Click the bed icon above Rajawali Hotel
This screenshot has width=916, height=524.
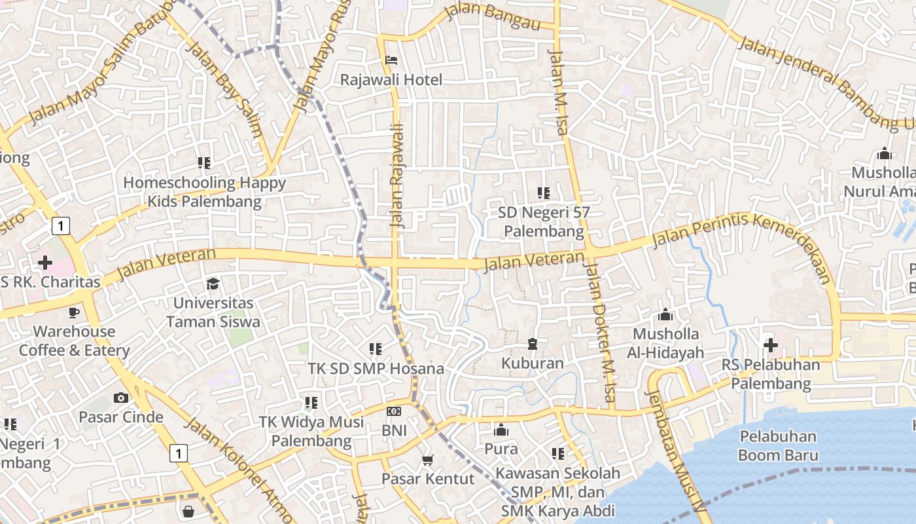pyautogui.click(x=391, y=60)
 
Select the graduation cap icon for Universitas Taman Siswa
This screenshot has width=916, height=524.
pyautogui.click(x=213, y=284)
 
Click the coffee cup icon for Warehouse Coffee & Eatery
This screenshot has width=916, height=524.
pyautogui.click(x=74, y=312)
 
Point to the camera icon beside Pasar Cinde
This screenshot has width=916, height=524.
pyautogui.click(x=120, y=398)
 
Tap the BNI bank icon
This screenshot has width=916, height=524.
pyautogui.click(x=394, y=411)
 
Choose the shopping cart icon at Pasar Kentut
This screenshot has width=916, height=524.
pyautogui.click(x=427, y=460)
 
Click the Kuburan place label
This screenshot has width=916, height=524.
pyautogui.click(x=532, y=363)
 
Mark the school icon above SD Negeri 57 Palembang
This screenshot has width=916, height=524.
pyautogui.click(x=543, y=193)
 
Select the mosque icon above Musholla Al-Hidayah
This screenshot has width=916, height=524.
pyautogui.click(x=665, y=315)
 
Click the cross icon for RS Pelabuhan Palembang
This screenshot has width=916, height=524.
pyautogui.click(x=770, y=345)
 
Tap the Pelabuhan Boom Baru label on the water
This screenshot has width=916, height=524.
pyautogui.click(x=778, y=445)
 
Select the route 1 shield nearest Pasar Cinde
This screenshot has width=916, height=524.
pyautogui.click(x=178, y=453)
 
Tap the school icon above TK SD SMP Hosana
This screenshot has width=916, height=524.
pyautogui.click(x=375, y=349)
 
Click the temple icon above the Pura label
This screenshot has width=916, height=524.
pyautogui.click(x=501, y=430)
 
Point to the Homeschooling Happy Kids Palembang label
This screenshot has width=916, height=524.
pyautogui.click(x=204, y=192)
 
